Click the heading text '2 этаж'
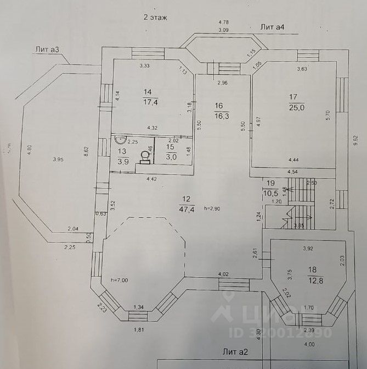[x=155, y=18]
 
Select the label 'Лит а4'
[x=273, y=26]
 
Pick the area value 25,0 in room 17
[x=296, y=107]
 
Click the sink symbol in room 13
[x=122, y=140]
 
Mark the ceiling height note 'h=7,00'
[x=118, y=280]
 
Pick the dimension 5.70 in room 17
[x=327, y=115]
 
